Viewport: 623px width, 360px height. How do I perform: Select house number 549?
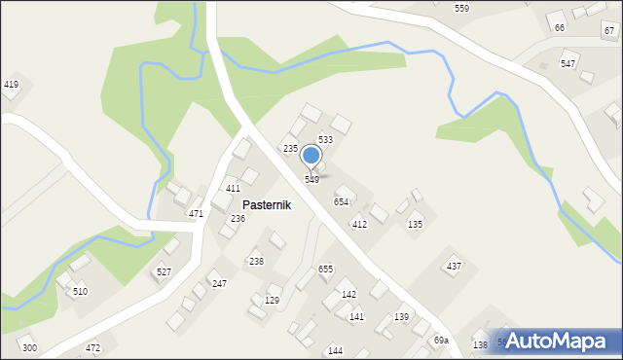point(311,180)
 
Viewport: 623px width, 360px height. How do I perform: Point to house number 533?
point(326,140)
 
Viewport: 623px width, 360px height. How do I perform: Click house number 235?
point(290,148)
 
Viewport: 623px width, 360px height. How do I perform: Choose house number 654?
point(342,201)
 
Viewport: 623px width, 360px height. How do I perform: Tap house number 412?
point(359,225)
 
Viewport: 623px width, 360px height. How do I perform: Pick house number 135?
point(415,225)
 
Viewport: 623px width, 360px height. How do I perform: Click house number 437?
point(454,267)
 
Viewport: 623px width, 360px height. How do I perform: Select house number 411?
point(233,188)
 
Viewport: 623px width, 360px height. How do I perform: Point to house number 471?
point(196,213)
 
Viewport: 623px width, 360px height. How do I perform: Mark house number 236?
point(238,219)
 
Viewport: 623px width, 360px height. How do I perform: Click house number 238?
point(256,262)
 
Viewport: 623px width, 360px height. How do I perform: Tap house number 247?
point(220,284)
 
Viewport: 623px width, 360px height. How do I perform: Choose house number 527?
point(164,272)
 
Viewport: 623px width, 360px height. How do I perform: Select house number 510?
point(80,292)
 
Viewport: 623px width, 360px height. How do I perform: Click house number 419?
point(11,85)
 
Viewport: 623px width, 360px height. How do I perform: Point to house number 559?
point(461,8)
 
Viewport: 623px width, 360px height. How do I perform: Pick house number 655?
point(325,269)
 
